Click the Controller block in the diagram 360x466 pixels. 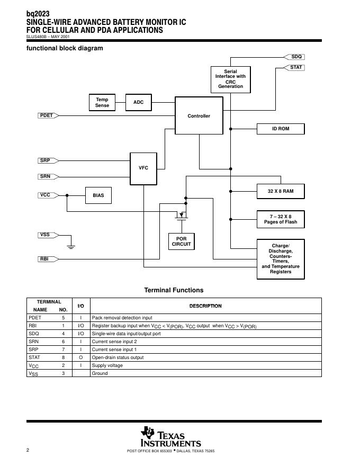[199, 116]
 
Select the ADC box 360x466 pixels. [138, 102]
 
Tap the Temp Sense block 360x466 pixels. [102, 102]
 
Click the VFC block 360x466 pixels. [143, 168]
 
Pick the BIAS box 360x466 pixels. [98, 195]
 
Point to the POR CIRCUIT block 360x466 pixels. [181, 241]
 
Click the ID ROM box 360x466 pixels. [281, 129]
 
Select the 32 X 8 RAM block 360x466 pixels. [281, 191]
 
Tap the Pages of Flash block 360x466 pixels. [281, 219]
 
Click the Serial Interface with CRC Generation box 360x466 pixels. [230, 79]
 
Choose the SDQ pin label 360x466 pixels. [296, 57]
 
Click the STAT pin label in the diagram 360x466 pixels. [296, 67]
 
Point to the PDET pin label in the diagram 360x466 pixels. [47, 115]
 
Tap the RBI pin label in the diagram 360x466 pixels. [44, 259]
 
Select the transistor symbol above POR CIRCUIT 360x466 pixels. [182, 215]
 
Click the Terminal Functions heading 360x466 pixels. [174, 290]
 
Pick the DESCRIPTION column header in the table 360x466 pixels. [205, 306]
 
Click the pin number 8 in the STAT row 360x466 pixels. [63, 357]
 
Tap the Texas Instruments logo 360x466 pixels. [170, 437]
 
